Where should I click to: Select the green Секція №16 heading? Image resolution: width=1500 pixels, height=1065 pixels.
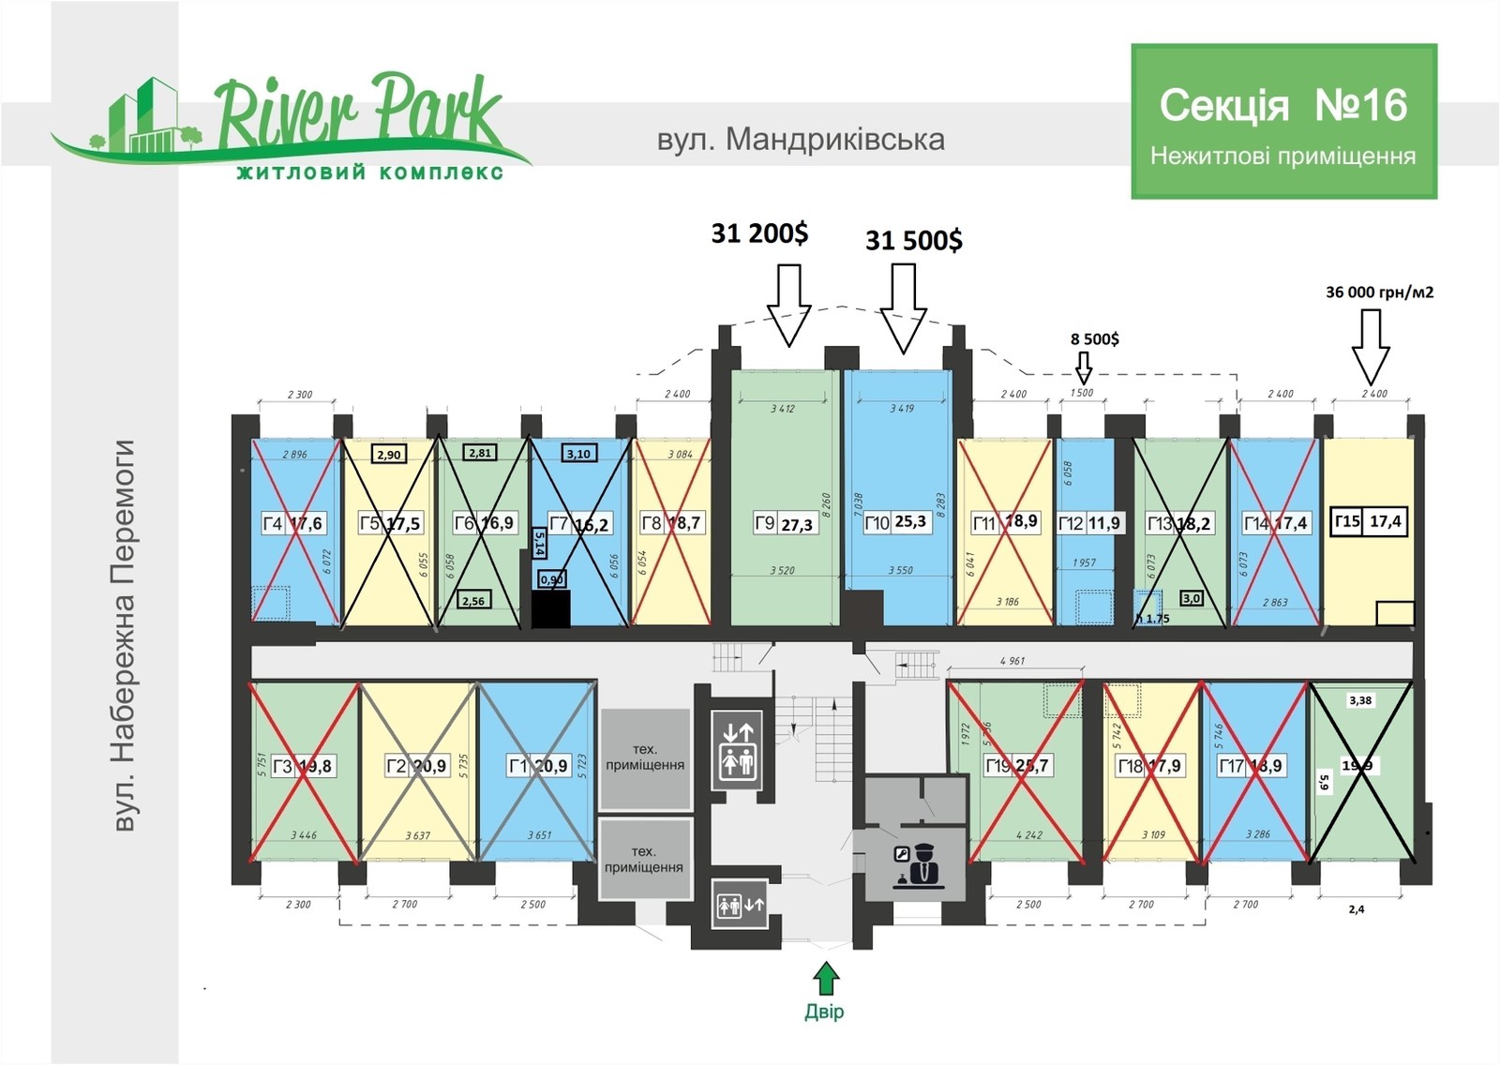pos(1282,105)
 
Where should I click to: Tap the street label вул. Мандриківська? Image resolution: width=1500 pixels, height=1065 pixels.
pos(800,140)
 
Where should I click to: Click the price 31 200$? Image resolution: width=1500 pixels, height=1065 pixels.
pos(759,232)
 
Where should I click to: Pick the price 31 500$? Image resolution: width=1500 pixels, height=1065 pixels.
pos(913,240)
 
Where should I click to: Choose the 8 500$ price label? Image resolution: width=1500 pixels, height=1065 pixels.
pos(1094,338)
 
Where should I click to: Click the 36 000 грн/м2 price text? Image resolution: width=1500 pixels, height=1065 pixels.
pos(1379,292)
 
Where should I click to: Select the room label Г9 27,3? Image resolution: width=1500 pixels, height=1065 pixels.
pos(785,523)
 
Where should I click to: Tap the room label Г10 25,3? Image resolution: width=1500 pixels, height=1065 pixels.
pos(896,522)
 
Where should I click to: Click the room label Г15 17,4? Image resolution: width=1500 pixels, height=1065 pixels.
pos(1369,521)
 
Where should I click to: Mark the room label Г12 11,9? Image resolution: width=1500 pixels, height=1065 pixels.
pos(1088,523)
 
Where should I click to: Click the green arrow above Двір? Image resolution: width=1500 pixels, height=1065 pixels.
pos(825,979)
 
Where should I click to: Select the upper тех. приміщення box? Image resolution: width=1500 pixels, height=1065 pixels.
pos(644,757)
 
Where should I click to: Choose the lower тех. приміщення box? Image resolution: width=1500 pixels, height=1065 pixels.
pos(644,859)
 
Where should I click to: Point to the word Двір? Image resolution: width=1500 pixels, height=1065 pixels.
pos(824,1012)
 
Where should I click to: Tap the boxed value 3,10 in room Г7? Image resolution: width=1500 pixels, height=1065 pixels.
pos(578,454)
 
